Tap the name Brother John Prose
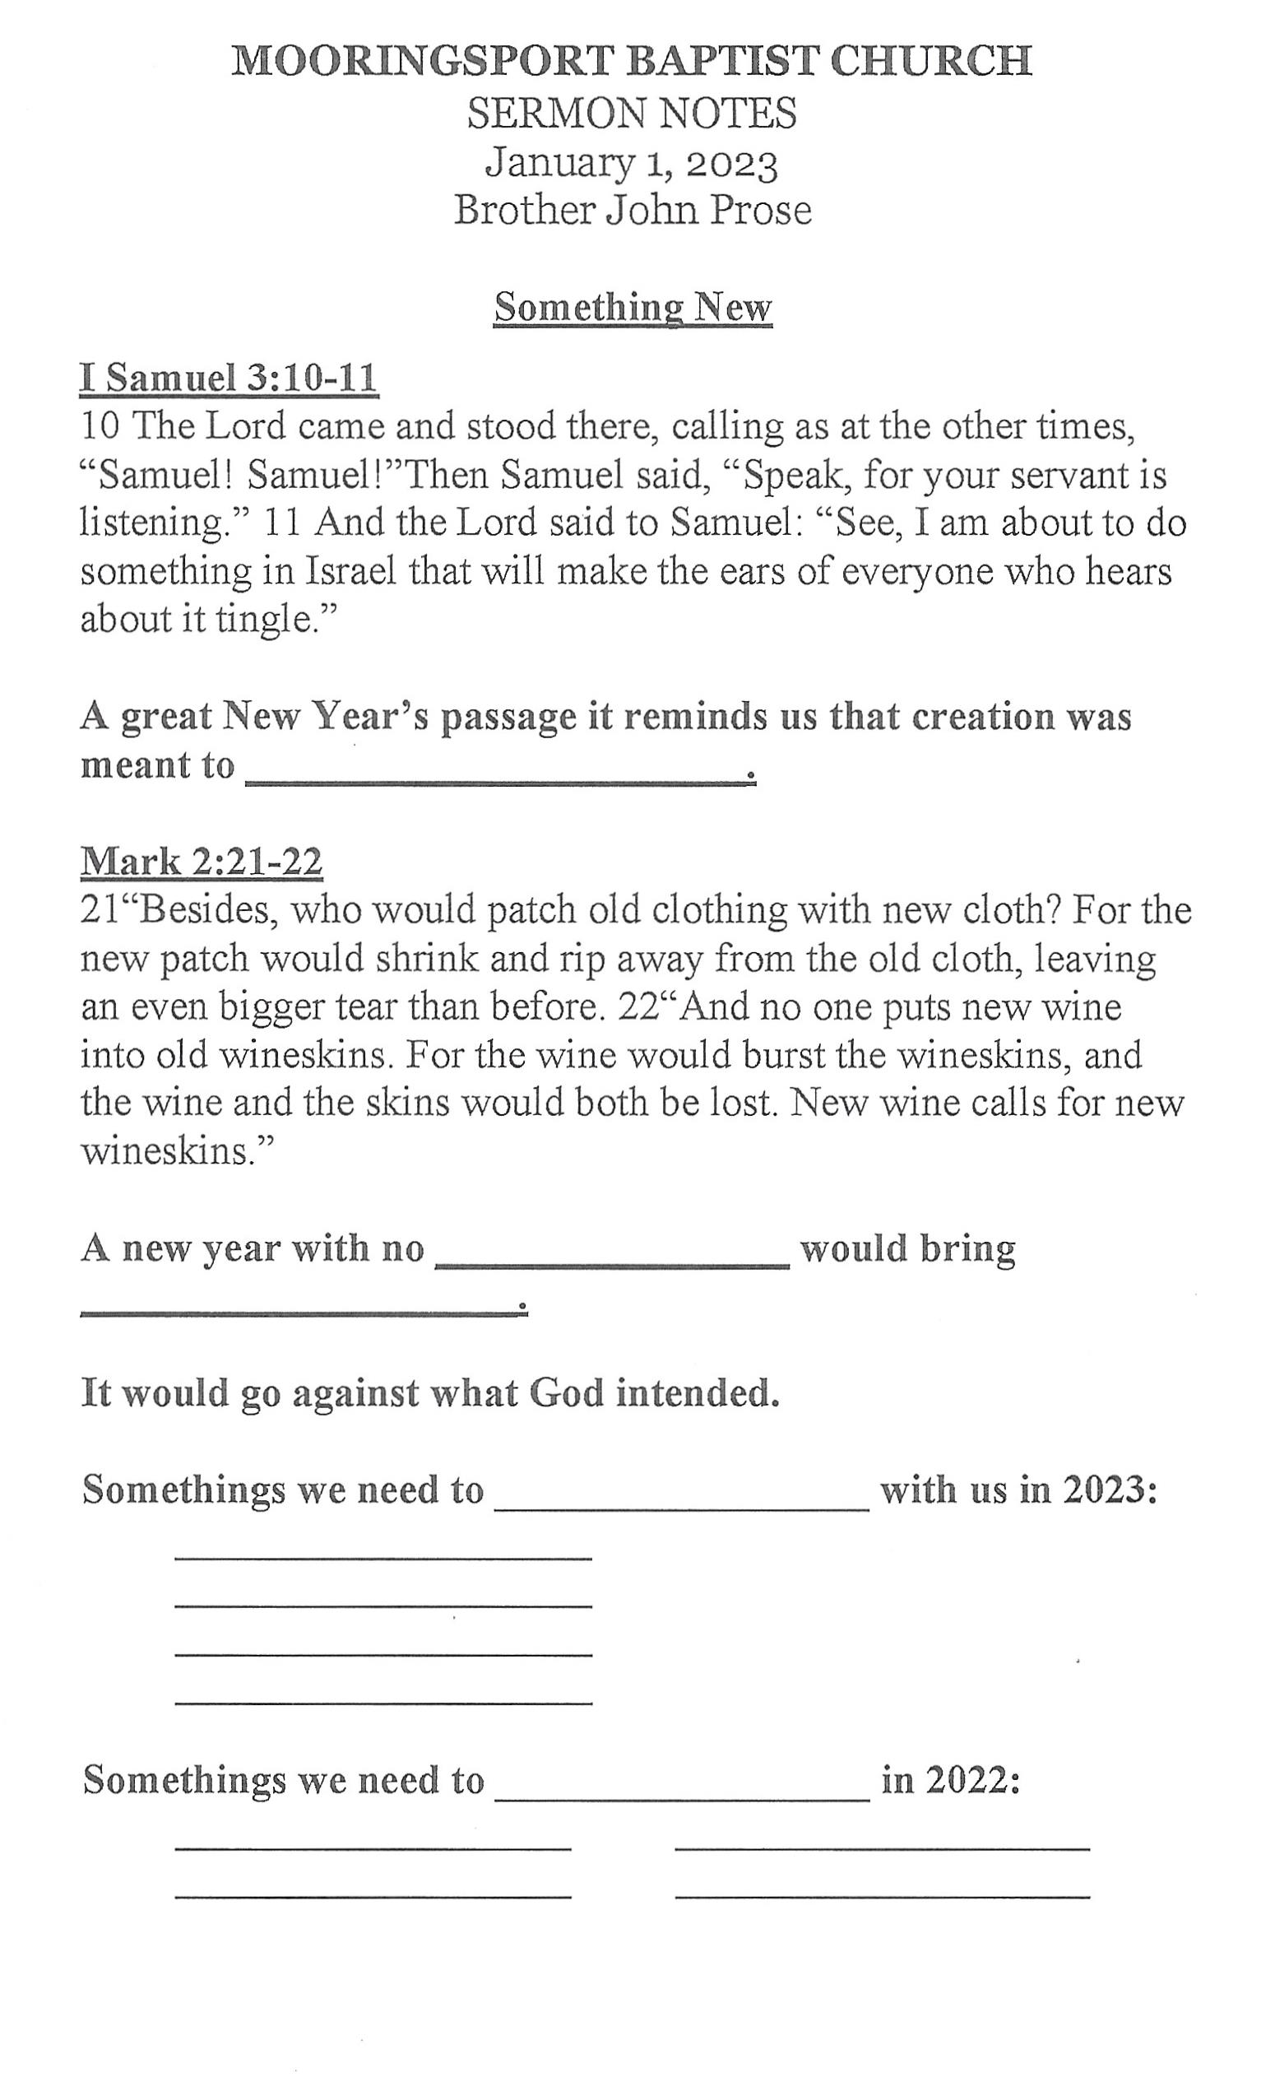click(632, 210)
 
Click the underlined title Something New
click(633, 307)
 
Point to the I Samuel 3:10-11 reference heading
click(229, 378)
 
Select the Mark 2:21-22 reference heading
click(202, 862)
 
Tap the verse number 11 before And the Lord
click(284, 523)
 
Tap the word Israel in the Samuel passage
click(351, 571)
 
